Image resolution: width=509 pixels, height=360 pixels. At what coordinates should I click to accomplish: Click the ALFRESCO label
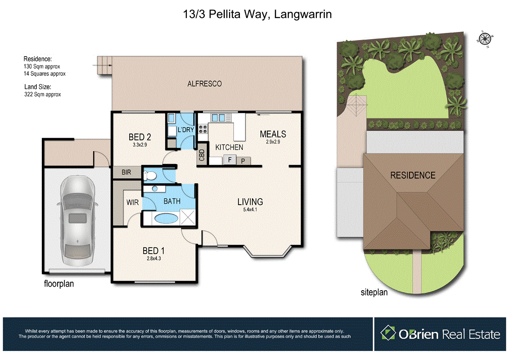click(x=205, y=84)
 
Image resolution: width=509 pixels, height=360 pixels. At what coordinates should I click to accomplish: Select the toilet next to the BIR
click(x=149, y=175)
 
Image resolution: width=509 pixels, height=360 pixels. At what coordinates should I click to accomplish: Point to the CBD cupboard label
click(x=202, y=155)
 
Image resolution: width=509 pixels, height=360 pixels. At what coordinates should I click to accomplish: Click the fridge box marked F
click(x=230, y=160)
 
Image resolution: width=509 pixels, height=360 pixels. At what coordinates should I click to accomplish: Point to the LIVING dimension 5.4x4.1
click(x=250, y=210)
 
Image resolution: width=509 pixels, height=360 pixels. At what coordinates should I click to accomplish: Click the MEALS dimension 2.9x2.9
click(x=273, y=142)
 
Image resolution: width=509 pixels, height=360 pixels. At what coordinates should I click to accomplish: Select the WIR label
click(x=132, y=202)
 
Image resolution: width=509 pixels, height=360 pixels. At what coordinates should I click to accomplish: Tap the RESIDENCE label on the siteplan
click(x=413, y=175)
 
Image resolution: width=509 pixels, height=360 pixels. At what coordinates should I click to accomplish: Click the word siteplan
click(x=374, y=292)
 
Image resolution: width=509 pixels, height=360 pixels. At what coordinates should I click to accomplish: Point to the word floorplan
click(x=59, y=284)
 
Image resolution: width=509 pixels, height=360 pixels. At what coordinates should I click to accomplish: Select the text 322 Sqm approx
click(x=42, y=94)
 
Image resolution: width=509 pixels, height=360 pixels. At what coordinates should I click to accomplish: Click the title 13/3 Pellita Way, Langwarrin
click(x=254, y=14)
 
